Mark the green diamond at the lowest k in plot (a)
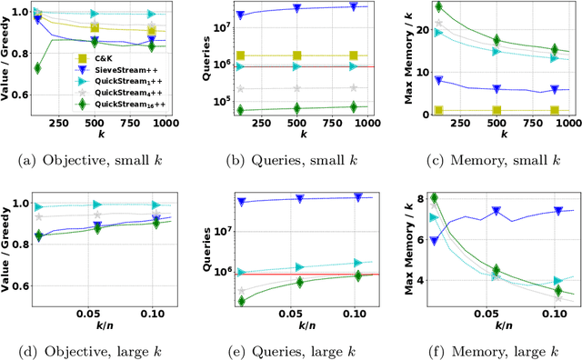37,68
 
